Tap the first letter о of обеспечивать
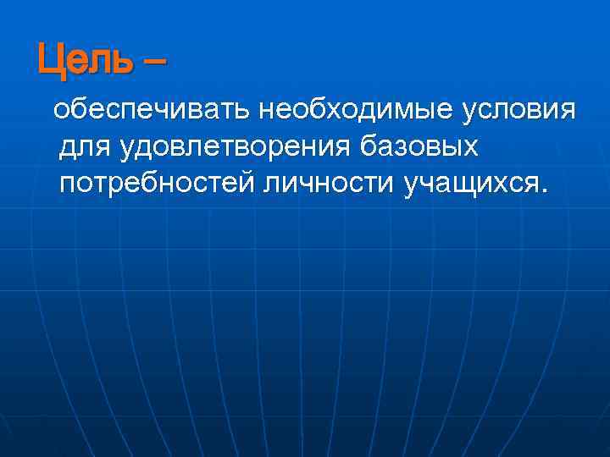[61, 111]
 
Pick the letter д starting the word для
[69, 148]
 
